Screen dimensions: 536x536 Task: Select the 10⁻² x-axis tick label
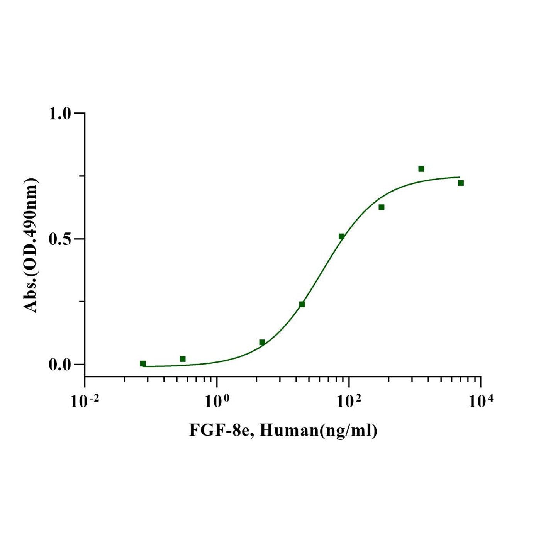(x=84, y=402)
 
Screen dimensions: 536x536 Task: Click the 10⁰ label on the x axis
(x=217, y=402)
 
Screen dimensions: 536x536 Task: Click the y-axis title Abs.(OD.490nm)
(x=31, y=245)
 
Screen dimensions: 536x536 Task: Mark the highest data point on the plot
(x=421, y=169)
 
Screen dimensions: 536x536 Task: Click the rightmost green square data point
(x=461, y=183)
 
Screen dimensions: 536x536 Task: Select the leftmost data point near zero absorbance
(x=143, y=363)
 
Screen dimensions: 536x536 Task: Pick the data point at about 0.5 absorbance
(x=341, y=236)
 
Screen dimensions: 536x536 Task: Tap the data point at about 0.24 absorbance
(x=302, y=304)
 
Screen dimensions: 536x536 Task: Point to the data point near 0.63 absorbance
(x=382, y=207)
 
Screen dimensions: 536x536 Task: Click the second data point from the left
(x=183, y=359)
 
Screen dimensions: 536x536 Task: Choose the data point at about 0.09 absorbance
(x=262, y=342)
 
